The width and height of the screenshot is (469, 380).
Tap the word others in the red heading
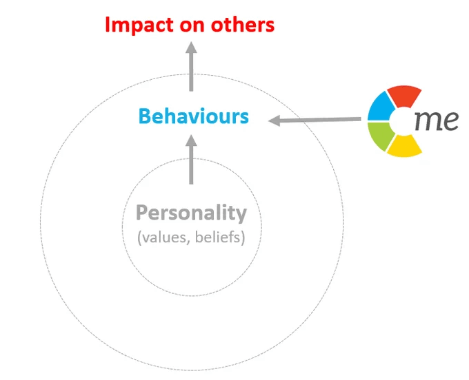tap(243, 25)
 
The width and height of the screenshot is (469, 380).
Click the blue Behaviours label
tap(194, 116)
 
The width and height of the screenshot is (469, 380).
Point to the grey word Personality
tap(192, 213)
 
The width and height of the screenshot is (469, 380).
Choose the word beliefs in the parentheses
tap(218, 237)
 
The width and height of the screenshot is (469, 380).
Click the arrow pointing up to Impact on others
tap(191, 66)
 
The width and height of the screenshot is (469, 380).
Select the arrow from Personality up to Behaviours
tap(191, 160)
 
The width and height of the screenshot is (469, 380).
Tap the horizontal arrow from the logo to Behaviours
tap(315, 120)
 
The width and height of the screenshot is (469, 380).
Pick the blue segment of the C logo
tap(381, 107)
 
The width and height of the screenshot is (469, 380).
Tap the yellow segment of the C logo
tap(404, 146)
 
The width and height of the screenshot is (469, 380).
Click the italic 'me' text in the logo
tap(437, 121)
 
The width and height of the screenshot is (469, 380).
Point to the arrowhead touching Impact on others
tap(191, 47)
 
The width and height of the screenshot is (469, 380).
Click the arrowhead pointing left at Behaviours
tap(275, 120)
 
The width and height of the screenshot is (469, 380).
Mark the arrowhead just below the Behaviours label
tap(191, 140)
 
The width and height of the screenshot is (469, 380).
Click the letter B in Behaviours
tap(144, 116)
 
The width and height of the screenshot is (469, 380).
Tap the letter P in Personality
tap(142, 212)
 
